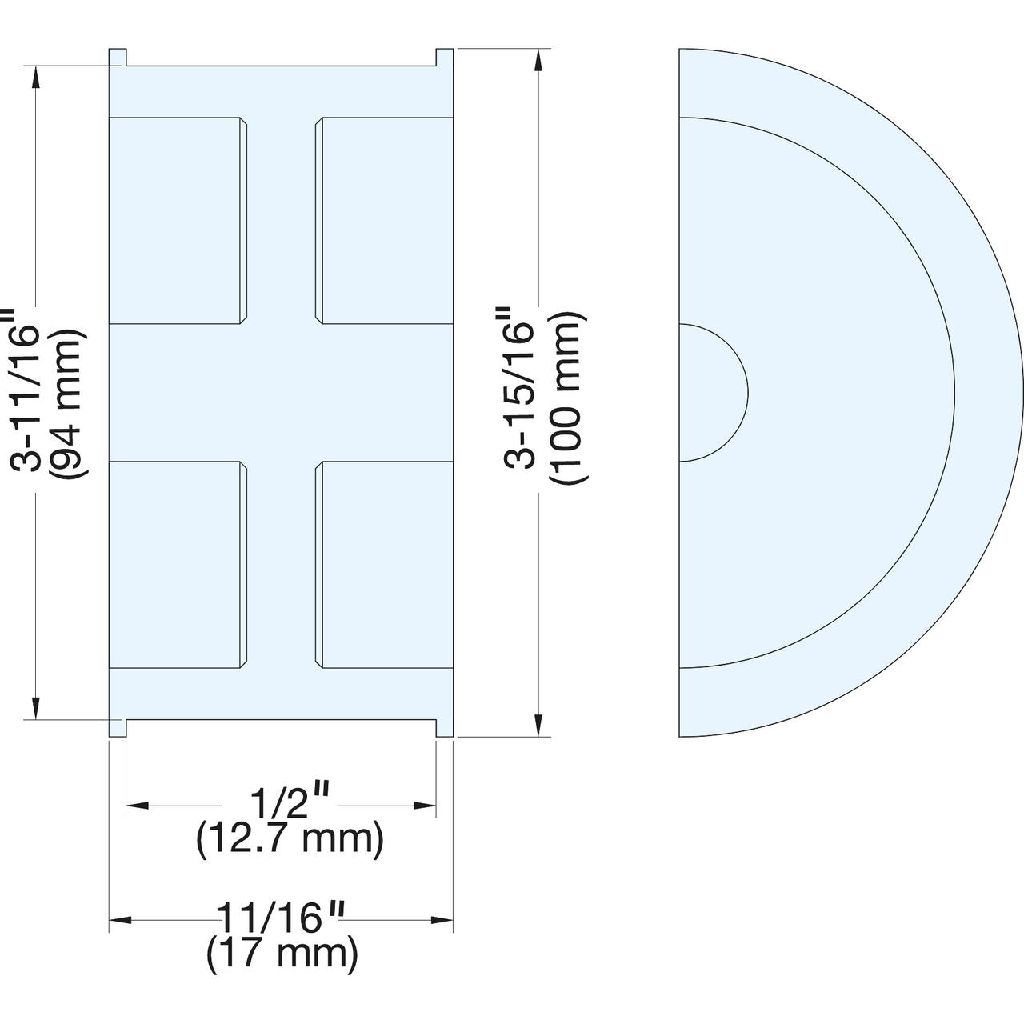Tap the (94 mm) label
[x=67, y=404]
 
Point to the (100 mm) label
[x=568, y=398]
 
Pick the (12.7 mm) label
[x=290, y=840]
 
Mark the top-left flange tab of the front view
[x=118, y=57]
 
